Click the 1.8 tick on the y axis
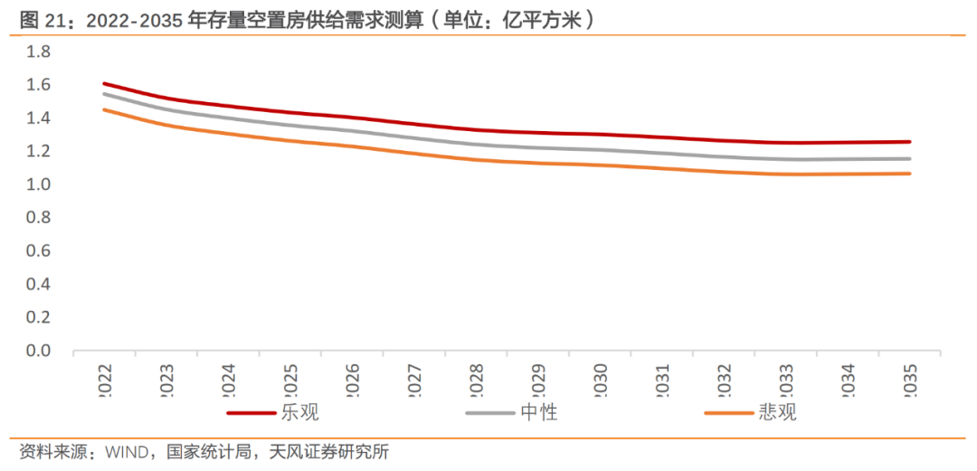tap(37, 52)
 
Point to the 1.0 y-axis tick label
tap(37, 184)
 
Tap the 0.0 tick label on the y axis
tap(37, 351)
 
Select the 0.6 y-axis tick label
tap(37, 251)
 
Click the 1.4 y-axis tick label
tap(37, 118)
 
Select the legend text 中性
tap(539, 413)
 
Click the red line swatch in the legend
tap(251, 413)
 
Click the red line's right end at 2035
tap(910, 142)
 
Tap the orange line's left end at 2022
tap(104, 110)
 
